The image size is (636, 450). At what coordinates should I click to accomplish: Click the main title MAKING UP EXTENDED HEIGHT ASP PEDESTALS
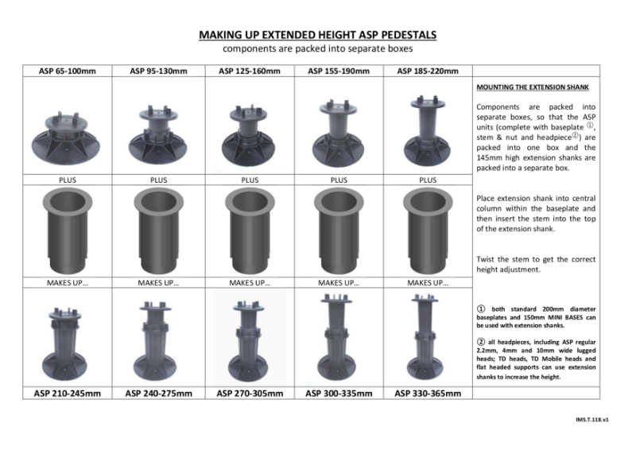(316, 36)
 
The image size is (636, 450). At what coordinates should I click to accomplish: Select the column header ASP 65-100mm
(68, 72)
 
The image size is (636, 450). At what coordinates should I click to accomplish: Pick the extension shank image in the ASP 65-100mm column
(68, 231)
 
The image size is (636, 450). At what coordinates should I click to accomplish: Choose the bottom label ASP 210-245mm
(68, 393)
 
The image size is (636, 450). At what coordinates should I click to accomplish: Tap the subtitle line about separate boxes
(316, 50)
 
